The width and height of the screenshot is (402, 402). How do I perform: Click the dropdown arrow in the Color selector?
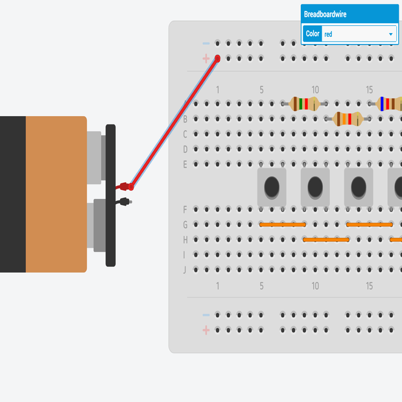tap(391, 34)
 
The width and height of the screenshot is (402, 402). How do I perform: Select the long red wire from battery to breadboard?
tap(174, 123)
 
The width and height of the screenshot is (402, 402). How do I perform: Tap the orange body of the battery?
tap(56, 194)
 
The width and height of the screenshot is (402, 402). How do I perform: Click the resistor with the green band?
tap(304, 103)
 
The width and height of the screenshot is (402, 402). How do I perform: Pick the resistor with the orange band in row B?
tap(347, 119)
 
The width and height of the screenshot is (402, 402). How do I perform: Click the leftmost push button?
tap(272, 187)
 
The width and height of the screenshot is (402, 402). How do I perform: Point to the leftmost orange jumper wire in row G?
tap(283, 224)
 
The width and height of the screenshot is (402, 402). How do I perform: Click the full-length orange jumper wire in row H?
tap(326, 239)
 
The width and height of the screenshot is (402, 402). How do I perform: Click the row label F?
tap(185, 209)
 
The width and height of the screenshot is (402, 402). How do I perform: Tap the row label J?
tap(185, 270)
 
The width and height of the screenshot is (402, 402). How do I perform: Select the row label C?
tap(185, 134)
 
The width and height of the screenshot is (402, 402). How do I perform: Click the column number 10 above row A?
tap(315, 89)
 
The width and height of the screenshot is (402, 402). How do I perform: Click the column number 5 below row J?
tap(261, 286)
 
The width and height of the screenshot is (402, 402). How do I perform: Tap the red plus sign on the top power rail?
tap(206, 58)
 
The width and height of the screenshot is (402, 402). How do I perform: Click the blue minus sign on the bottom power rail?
tap(206, 315)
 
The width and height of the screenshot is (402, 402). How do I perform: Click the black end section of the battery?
tap(12, 194)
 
